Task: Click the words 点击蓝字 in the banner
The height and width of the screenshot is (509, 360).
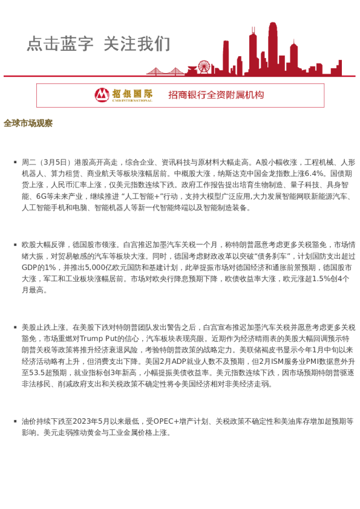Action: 60,44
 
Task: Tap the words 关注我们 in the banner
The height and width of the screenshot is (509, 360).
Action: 137,44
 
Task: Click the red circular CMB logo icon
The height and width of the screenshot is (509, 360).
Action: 102,95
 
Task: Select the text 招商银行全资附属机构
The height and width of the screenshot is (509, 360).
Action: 216,95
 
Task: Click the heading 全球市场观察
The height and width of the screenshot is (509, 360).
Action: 28,123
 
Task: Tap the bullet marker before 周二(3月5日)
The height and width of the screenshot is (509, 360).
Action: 15,162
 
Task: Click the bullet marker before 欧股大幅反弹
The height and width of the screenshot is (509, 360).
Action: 15,245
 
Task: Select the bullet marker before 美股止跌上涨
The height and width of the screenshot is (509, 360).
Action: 15,327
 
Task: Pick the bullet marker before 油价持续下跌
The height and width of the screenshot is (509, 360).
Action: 15,421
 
